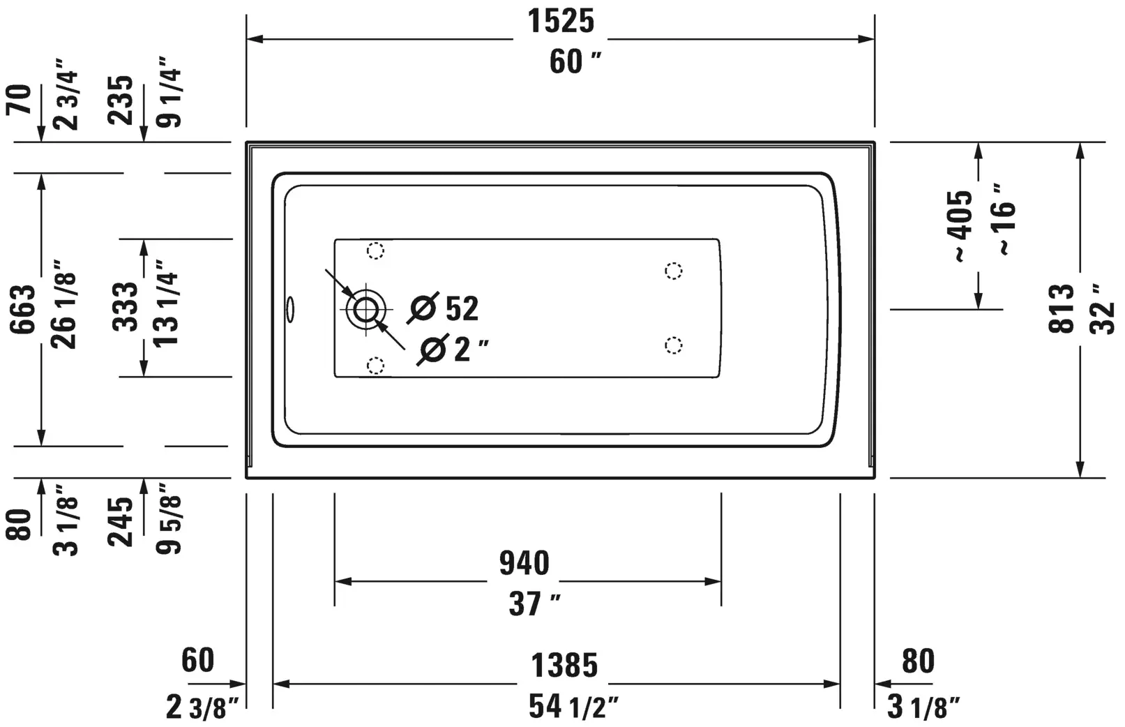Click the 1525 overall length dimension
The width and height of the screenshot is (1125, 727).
pyautogui.click(x=561, y=22)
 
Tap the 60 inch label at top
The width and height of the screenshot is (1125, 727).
pyautogui.click(x=575, y=62)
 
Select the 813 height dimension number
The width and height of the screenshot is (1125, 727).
pyautogui.click(x=1061, y=308)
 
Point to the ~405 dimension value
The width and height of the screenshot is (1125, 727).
pyautogui.click(x=959, y=226)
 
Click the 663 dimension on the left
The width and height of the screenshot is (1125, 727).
pyautogui.click(x=23, y=309)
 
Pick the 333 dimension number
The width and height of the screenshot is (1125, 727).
pyautogui.click(x=125, y=306)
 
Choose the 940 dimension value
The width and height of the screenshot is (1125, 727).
pyautogui.click(x=524, y=563)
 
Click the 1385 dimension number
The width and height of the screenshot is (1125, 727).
pyautogui.click(x=564, y=666)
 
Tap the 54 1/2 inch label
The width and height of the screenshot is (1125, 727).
pyautogui.click(x=573, y=706)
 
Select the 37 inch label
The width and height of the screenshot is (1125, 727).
pyautogui.click(x=534, y=604)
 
